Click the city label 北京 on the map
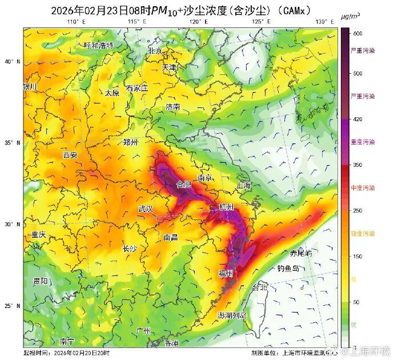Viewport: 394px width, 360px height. tap(155, 50)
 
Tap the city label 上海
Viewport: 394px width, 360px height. tap(243, 185)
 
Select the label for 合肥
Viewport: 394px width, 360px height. tap(184, 185)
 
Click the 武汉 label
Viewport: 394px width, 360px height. tap(146, 209)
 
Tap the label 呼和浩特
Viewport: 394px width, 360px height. tap(99, 45)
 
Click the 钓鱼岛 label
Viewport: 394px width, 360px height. tap(288, 268)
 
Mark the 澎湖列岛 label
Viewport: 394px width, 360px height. tap(232, 315)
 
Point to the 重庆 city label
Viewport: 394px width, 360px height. tap(39, 234)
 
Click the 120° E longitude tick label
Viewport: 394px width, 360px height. tap(198, 22)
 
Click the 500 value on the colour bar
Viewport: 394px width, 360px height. tap(357, 73)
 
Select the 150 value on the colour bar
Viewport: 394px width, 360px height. tap(357, 257)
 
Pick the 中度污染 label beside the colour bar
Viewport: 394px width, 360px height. tap(363, 188)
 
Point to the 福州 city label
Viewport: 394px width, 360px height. tap(226, 274)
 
